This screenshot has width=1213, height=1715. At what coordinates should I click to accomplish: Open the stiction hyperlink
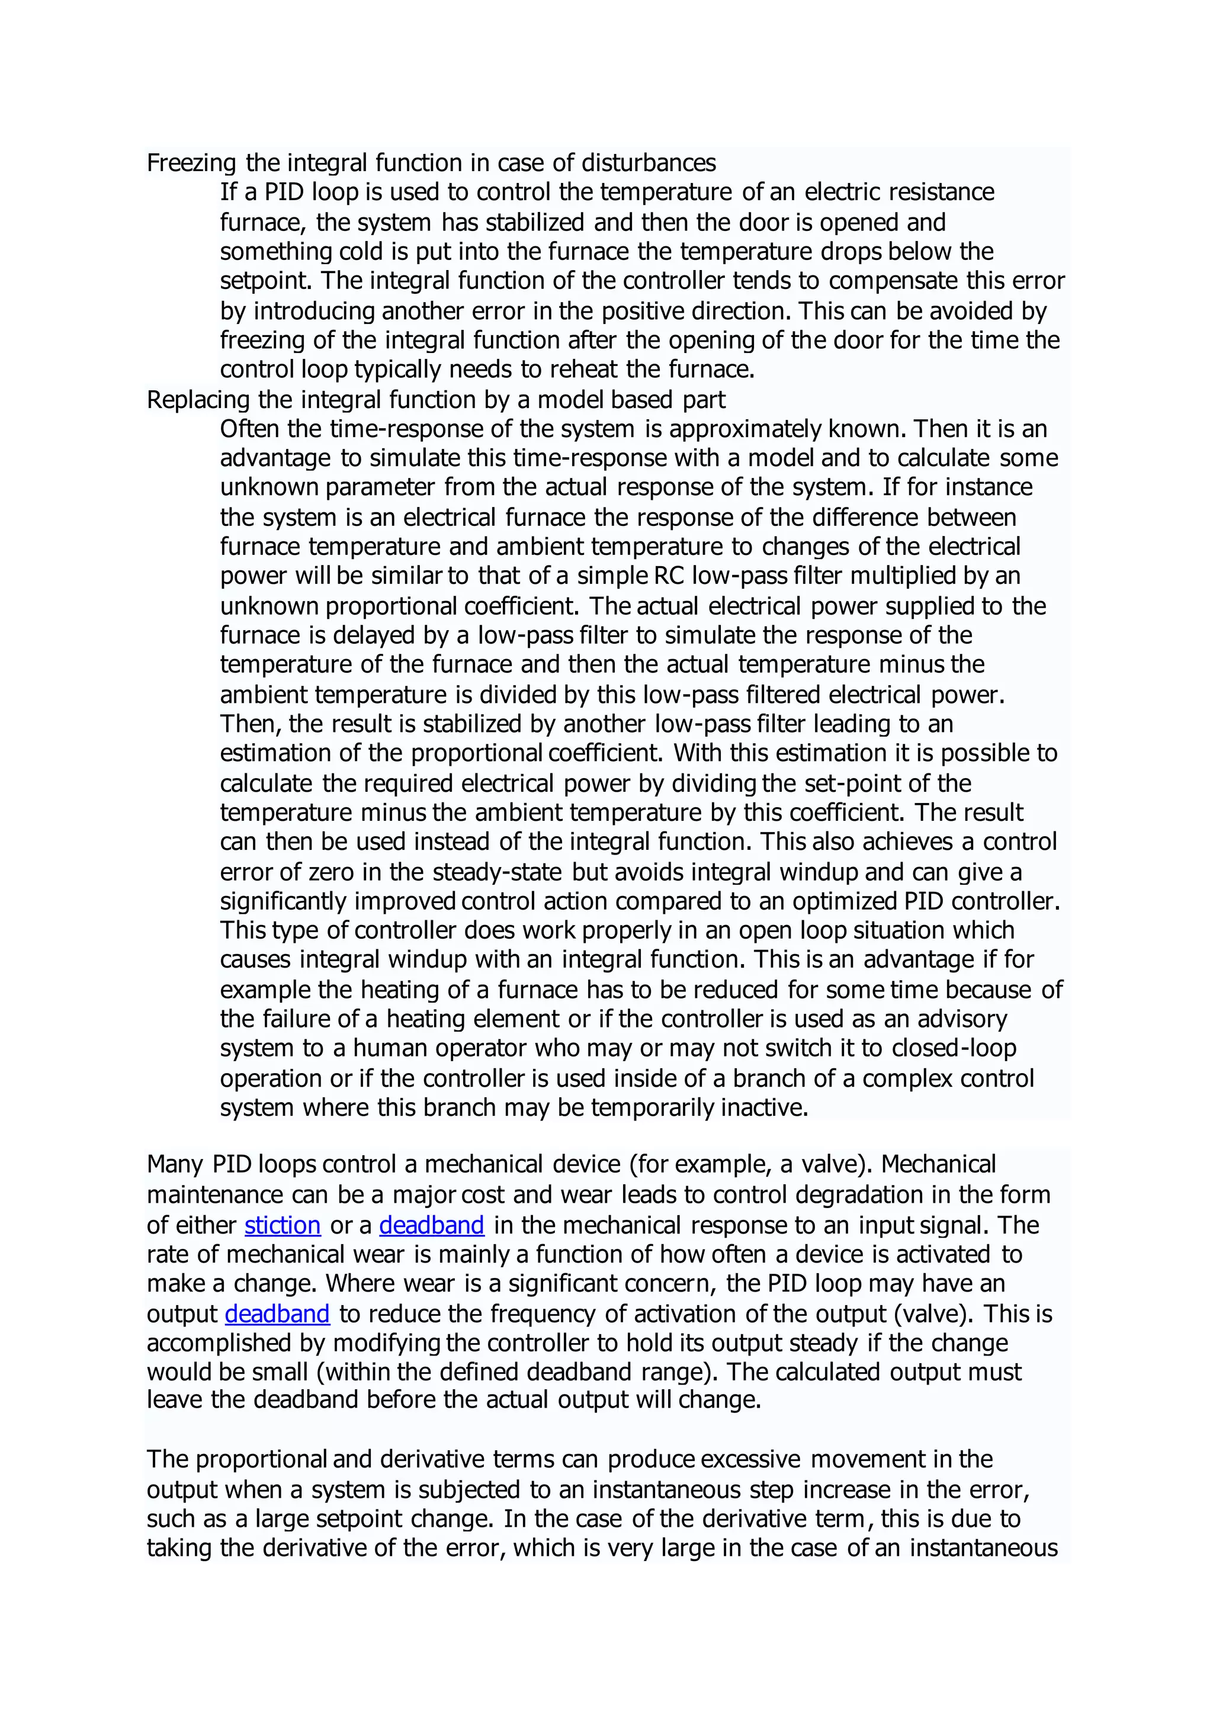283,1225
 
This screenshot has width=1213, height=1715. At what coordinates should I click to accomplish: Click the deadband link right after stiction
432,1225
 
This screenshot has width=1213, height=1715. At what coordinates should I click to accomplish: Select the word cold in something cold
361,252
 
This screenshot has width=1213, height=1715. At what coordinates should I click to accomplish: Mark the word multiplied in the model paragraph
913,576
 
